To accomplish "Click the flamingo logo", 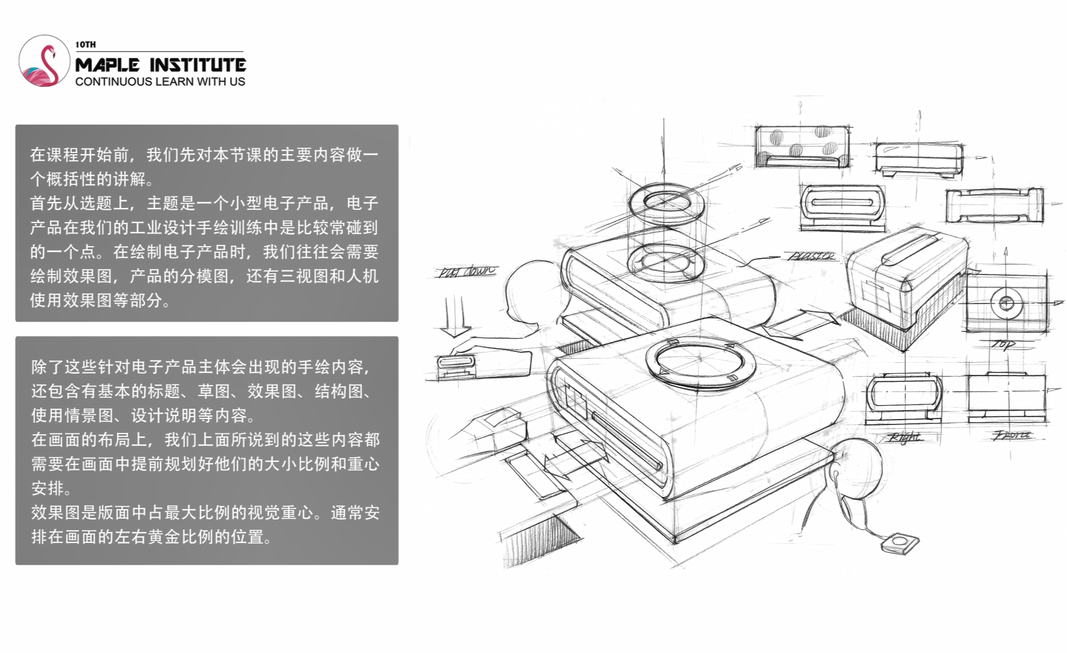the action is tap(44, 61).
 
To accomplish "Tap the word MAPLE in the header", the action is tap(108, 65).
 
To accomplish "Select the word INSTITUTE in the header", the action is tap(198, 65).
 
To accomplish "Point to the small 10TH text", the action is tap(85, 44).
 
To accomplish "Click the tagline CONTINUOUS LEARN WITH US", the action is tap(160, 82).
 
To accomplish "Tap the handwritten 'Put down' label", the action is tap(466, 271).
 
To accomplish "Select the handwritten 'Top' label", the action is tap(1003, 345).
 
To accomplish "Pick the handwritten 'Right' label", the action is tap(905, 437).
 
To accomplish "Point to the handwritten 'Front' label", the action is tap(1012, 435).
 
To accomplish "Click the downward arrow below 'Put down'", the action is tap(455, 317).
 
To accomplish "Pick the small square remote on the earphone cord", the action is tap(898, 542).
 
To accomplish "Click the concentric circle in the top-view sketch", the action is tap(1006, 302).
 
